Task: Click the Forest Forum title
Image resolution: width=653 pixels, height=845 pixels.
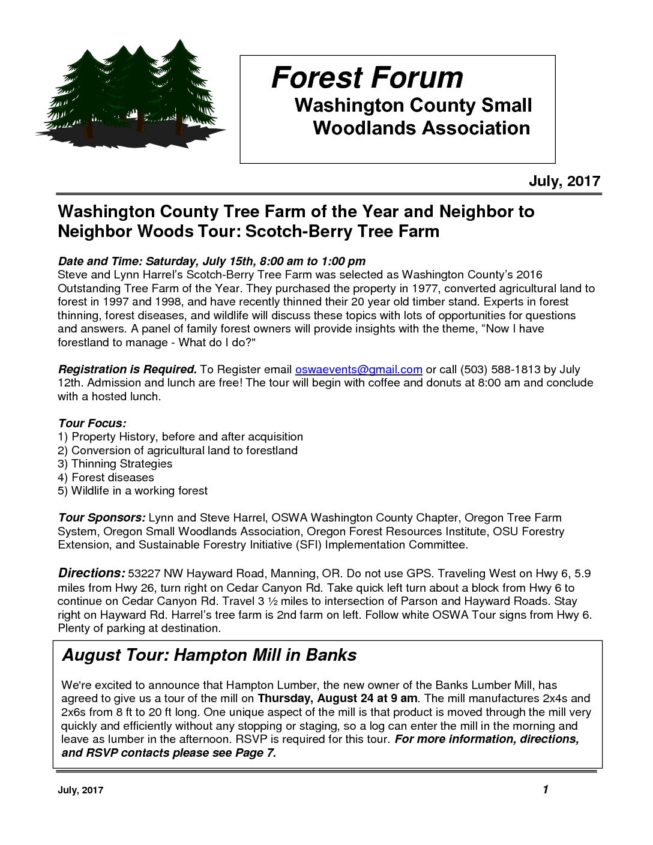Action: click(367, 77)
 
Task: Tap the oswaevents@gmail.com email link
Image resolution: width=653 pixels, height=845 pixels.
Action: click(359, 369)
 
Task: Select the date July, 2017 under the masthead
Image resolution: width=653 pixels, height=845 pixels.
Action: click(564, 181)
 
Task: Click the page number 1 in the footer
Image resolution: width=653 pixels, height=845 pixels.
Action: click(545, 789)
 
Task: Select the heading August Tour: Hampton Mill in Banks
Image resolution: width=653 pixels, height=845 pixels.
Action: click(209, 655)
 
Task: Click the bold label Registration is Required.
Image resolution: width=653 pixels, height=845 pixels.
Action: click(127, 369)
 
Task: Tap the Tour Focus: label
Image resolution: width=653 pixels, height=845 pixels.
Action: click(92, 423)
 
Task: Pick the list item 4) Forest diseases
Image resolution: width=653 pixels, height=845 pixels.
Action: click(106, 477)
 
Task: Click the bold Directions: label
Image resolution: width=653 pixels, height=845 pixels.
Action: click(91, 573)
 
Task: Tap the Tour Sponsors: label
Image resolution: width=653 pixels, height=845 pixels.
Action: click(101, 518)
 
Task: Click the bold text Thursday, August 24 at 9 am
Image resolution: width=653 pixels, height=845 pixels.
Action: click(337, 699)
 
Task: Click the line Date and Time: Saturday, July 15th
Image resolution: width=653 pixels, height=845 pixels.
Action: click(211, 261)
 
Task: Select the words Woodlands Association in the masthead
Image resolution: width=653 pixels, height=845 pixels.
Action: click(421, 128)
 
